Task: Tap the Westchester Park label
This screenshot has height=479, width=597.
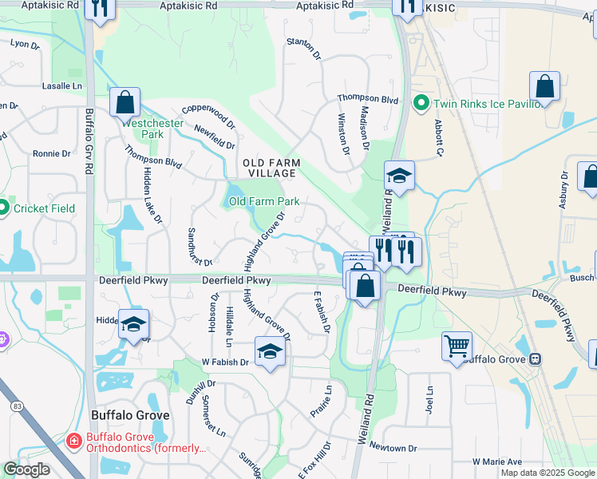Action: point(142,129)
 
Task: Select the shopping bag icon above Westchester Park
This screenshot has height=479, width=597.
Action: point(125,102)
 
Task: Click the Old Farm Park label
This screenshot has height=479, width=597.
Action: point(264,201)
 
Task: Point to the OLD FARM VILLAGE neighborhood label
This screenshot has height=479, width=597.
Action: point(272,168)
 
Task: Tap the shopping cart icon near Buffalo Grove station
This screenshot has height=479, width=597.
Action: point(457,347)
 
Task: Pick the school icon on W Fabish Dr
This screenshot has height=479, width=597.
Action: point(270,352)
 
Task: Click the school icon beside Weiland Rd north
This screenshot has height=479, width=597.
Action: point(399,176)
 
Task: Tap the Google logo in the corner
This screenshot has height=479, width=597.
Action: point(27,469)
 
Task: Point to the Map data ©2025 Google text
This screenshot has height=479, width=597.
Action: point(548,473)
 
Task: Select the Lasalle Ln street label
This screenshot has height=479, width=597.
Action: point(61,85)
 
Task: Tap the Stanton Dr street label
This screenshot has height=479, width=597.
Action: point(303,49)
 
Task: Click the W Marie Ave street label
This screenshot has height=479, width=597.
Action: point(496,461)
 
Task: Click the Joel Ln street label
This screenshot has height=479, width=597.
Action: point(429,399)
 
